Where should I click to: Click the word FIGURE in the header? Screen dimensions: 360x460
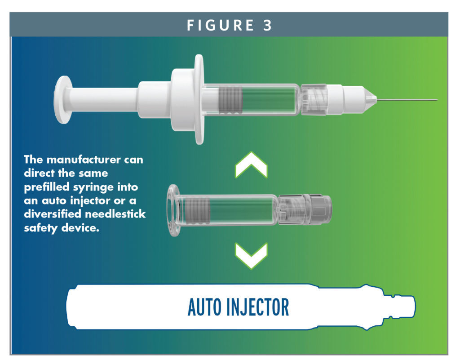pos(217,26)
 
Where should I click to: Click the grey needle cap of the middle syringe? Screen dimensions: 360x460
pos(319,209)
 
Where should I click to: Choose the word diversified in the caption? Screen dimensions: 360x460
pos(55,214)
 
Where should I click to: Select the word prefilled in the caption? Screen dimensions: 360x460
pos(47,187)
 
